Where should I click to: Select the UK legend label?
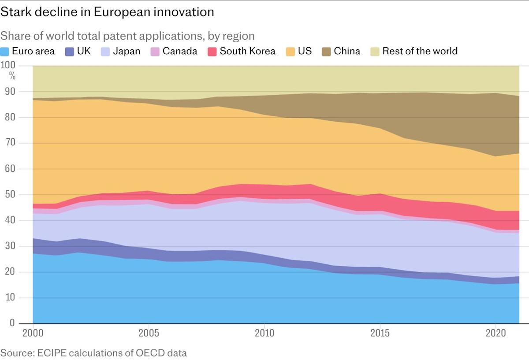click(x=84, y=51)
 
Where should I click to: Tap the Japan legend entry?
click(x=126, y=51)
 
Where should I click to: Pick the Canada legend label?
click(x=179, y=51)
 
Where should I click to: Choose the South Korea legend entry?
click(x=247, y=51)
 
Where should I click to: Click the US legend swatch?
click(x=291, y=51)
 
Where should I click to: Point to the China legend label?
click(x=347, y=51)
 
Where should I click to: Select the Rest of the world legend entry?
click(x=420, y=51)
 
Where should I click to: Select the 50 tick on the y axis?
click(x=10, y=195)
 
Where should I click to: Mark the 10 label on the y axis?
click(x=10, y=298)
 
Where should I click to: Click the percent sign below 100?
click(x=12, y=76)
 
